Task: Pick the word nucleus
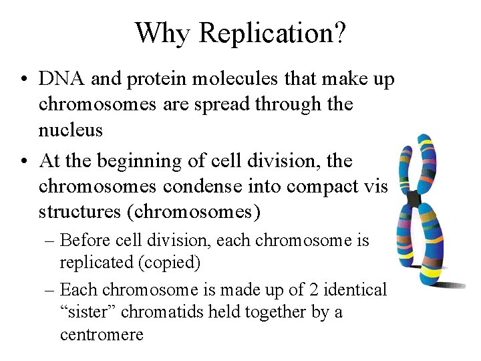point(71,130)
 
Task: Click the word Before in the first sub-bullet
point(84,241)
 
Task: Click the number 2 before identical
point(313,289)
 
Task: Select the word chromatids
point(157,312)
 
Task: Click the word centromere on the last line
point(102,334)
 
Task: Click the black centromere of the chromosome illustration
point(414,199)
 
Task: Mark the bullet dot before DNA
point(23,80)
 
